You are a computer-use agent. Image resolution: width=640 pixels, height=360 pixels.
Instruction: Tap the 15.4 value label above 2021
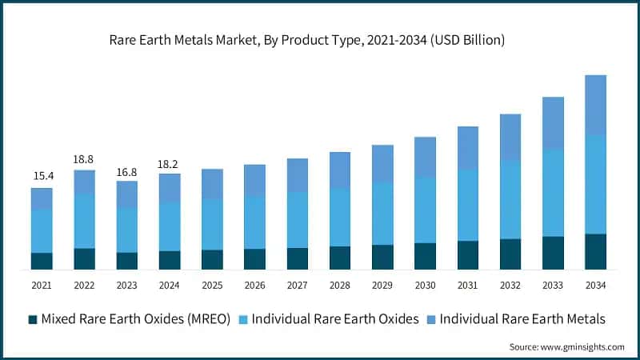coord(42,175)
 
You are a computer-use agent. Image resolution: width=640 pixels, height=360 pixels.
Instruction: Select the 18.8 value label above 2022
coord(84,158)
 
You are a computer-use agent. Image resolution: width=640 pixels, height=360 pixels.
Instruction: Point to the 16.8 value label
coord(127,169)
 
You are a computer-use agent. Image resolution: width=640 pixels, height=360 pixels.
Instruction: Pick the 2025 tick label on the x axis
coord(212,286)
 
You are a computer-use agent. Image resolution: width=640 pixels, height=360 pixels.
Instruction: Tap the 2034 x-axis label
coord(596,286)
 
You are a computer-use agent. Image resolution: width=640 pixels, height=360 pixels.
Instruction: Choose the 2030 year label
coord(425,286)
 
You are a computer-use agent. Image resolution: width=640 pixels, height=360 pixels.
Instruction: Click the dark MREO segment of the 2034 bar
coord(596,251)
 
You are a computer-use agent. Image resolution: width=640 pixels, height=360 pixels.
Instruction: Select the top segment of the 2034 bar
coord(596,105)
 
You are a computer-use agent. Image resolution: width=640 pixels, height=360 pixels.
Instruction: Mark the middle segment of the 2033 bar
coord(553,192)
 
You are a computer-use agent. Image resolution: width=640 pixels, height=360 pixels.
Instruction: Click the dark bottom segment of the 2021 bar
coord(42,261)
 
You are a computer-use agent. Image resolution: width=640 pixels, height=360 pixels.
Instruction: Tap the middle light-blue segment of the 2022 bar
coord(84,221)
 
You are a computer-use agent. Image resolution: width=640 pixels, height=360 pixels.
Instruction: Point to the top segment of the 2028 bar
coord(340,170)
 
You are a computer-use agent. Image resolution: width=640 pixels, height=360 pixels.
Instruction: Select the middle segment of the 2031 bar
coord(468,205)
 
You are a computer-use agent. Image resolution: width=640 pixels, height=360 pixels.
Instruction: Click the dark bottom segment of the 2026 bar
coord(255,259)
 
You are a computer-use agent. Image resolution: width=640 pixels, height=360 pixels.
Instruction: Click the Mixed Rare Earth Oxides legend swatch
coord(33,319)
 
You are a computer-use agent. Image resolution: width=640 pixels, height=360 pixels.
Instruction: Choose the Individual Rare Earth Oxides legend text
coord(335,319)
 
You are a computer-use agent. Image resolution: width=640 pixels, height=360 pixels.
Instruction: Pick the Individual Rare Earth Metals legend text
coord(524,319)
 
